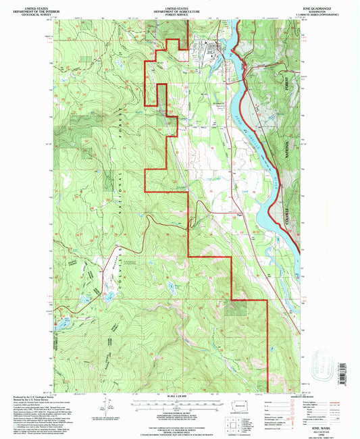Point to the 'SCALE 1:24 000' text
point(180,396)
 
